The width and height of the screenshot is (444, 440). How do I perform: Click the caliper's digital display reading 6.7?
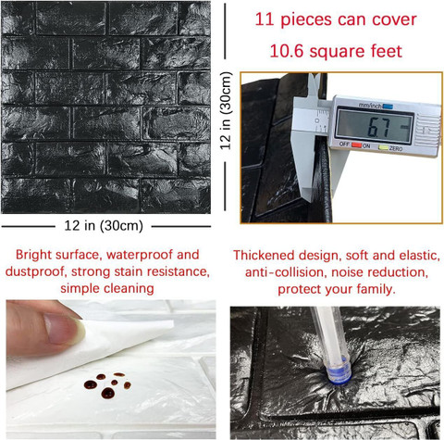tap(375, 125)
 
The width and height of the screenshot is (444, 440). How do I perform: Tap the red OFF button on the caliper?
tap(357, 145)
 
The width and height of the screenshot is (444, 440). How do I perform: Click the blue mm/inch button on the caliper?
tap(388, 107)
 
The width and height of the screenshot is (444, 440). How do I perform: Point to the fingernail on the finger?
tap(62, 329)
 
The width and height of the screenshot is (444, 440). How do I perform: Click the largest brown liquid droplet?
tap(108, 393)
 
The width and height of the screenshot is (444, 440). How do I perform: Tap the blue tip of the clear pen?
tap(339, 373)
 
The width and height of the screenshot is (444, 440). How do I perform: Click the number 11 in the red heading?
tap(265, 19)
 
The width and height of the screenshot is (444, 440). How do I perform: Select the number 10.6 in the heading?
tap(287, 51)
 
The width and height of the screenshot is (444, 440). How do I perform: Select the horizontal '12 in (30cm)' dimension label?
tap(104, 226)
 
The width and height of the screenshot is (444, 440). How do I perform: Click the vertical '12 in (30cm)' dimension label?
tap(226, 110)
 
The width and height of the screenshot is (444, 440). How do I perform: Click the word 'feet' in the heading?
tap(387, 51)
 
